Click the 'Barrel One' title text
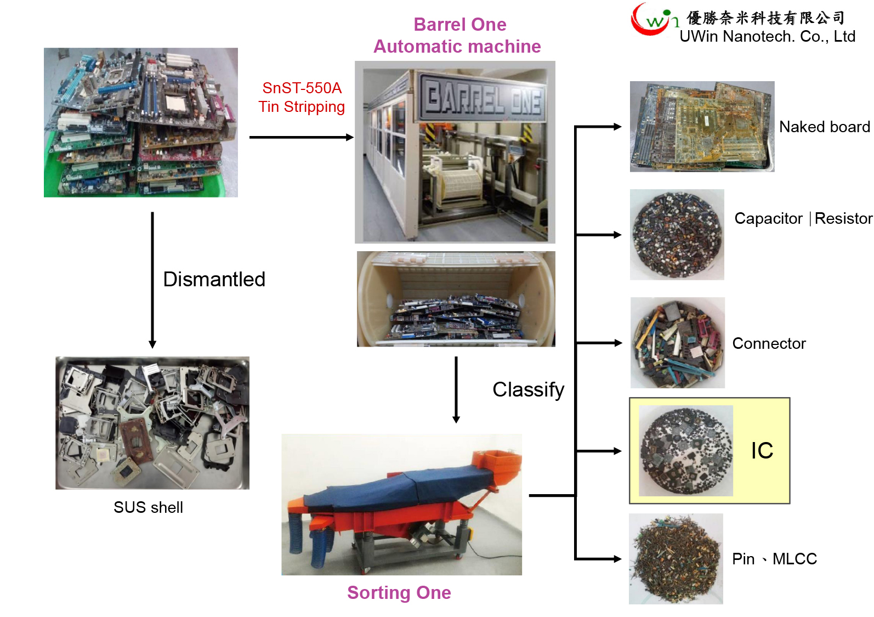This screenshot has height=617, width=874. click(x=459, y=25)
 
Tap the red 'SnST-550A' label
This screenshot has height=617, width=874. click(x=302, y=88)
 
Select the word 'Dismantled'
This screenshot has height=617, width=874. click(x=214, y=279)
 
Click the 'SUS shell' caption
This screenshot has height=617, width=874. click(x=148, y=507)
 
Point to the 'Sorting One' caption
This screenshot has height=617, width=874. click(x=399, y=593)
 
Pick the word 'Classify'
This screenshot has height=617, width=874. click(x=528, y=389)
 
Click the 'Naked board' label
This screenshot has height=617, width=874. click(x=824, y=127)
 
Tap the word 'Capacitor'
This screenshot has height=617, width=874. click(x=768, y=218)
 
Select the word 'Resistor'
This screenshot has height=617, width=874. click(x=843, y=218)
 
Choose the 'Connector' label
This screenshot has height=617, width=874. click(x=769, y=343)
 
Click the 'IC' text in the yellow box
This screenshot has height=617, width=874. click(x=762, y=451)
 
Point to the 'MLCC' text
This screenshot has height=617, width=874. click(x=794, y=559)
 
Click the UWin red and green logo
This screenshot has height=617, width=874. click(x=652, y=20)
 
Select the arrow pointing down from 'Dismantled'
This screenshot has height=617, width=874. click(x=152, y=280)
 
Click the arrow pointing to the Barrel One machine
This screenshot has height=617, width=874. click(x=301, y=137)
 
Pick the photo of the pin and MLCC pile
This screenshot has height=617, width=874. click(x=676, y=559)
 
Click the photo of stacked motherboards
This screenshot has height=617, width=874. click(x=141, y=122)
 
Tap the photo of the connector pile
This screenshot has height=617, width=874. click(x=677, y=343)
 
